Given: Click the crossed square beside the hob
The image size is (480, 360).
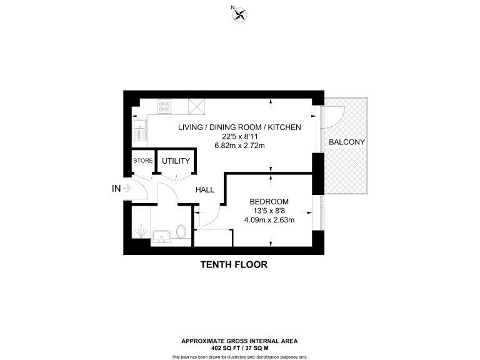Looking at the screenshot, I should tap(198, 107).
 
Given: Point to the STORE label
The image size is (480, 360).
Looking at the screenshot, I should tap(142, 161).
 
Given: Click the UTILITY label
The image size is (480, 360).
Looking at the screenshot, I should tap(176, 161).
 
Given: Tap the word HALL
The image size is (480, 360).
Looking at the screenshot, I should tap(206, 190).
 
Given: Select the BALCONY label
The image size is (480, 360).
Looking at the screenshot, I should tap(347, 142).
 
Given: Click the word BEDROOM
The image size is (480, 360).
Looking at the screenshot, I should tap(269, 201).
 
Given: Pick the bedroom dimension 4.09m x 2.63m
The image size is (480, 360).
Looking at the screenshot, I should tap(269, 219).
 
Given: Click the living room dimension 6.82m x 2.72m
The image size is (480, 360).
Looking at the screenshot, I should tap(239, 146).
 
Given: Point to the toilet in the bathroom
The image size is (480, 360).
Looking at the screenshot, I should tap(181, 232).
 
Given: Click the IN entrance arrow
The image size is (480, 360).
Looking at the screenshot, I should tap(127, 187).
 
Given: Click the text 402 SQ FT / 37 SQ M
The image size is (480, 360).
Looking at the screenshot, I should tap(239, 348).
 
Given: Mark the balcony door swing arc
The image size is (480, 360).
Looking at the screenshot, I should tap(334, 116).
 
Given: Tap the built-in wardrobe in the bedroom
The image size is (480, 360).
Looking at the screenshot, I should tap(214, 237).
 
